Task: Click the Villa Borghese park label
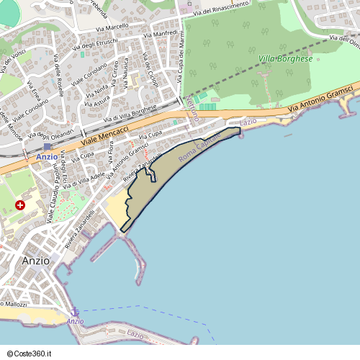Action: pos(285,58)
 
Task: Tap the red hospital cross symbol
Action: pos(20,205)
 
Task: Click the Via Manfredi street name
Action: pos(160,34)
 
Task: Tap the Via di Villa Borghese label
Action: pos(130,114)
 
